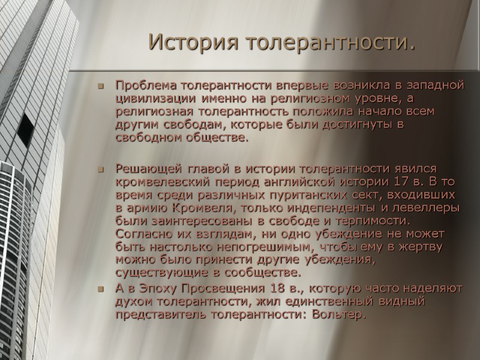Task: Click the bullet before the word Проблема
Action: pos(101,85)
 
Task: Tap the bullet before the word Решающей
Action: pos(101,168)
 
